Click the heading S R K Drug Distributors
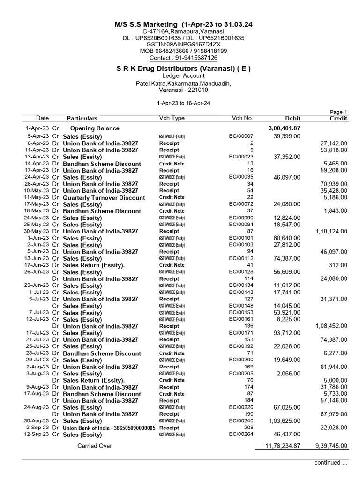[183, 68]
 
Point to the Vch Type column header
[172, 118]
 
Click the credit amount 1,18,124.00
[331, 231]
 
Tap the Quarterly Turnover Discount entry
[104, 198]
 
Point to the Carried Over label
[94, 446]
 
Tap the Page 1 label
[338, 112]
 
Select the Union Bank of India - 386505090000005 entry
[109, 428]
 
